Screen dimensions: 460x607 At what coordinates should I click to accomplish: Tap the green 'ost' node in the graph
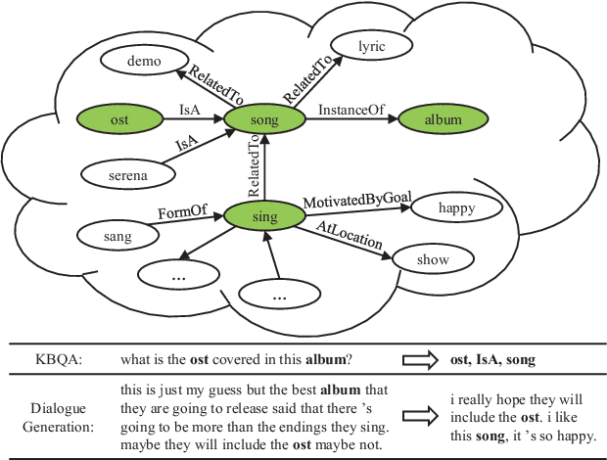[x=119, y=119]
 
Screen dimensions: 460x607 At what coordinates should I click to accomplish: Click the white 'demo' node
[x=143, y=62]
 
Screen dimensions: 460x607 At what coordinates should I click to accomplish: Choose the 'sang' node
[x=117, y=235]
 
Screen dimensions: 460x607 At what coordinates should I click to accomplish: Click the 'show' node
[x=431, y=259]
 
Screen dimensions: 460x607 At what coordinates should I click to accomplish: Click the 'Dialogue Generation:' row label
[x=62, y=411]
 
